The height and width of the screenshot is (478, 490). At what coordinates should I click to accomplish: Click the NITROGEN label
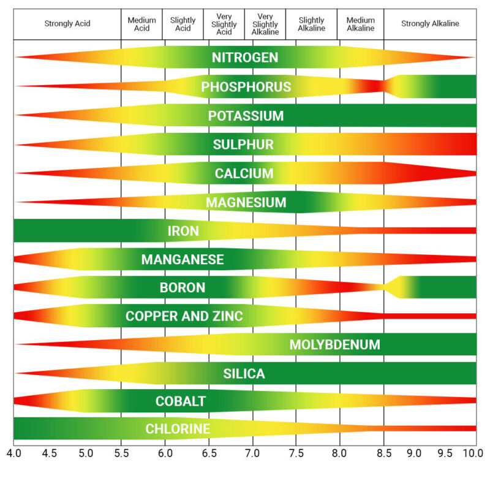(245, 58)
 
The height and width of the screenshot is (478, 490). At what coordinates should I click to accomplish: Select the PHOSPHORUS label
(246, 87)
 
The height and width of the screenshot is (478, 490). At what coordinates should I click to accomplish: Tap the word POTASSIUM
(246, 116)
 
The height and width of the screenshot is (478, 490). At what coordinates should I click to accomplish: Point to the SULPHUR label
(243, 145)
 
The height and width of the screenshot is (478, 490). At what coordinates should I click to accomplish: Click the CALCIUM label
(244, 173)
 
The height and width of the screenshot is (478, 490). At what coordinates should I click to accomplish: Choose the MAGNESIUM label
(246, 202)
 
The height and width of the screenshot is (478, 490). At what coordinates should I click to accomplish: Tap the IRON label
(183, 231)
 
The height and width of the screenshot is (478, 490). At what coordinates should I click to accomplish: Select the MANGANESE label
(183, 259)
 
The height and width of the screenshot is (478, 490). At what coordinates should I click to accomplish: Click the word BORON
(183, 287)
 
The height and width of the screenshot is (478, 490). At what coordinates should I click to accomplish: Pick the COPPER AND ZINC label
(184, 316)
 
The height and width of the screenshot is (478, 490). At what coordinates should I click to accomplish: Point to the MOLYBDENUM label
(334, 344)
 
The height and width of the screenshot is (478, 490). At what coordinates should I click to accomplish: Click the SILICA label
(244, 373)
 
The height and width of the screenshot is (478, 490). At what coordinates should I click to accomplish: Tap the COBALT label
(180, 402)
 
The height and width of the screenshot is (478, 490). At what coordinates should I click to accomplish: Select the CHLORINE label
(178, 429)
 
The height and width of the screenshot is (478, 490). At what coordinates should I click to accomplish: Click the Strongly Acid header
(67, 24)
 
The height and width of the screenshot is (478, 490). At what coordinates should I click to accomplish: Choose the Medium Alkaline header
(361, 24)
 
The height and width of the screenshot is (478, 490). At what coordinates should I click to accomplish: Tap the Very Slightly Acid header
(224, 24)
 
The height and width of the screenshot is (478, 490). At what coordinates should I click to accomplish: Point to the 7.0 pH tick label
(252, 454)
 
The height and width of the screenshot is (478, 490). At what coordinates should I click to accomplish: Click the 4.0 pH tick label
(13, 454)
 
